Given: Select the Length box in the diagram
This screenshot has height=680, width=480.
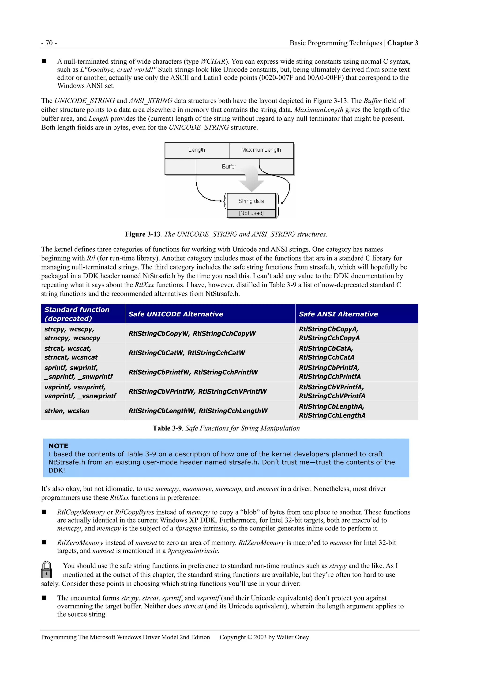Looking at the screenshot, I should coord(197,150).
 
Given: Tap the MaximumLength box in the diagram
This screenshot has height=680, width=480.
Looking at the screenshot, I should coord(261,150).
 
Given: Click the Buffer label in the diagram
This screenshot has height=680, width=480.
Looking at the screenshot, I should coord(229,167).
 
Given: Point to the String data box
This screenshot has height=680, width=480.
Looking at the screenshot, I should coord(251,201).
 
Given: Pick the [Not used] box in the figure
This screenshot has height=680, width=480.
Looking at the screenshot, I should coord(251,213).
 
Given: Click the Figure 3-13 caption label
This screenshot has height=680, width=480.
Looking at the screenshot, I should coord(143,234).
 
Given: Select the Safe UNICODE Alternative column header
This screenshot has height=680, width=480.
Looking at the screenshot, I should coord(176,314).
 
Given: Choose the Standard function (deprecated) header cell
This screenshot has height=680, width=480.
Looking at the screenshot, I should coord(77,314).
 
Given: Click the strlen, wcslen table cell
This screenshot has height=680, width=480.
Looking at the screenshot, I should coord(67,411).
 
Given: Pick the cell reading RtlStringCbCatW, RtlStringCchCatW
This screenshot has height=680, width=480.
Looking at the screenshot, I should coord(187,353).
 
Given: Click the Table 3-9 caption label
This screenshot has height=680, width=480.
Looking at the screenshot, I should coord(167,428).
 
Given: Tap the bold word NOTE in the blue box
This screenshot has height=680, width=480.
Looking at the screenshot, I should coord(58,446).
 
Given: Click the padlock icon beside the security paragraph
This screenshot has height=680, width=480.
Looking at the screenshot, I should coord(46,570).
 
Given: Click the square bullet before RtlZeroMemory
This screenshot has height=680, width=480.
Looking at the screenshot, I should coord(44,542).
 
